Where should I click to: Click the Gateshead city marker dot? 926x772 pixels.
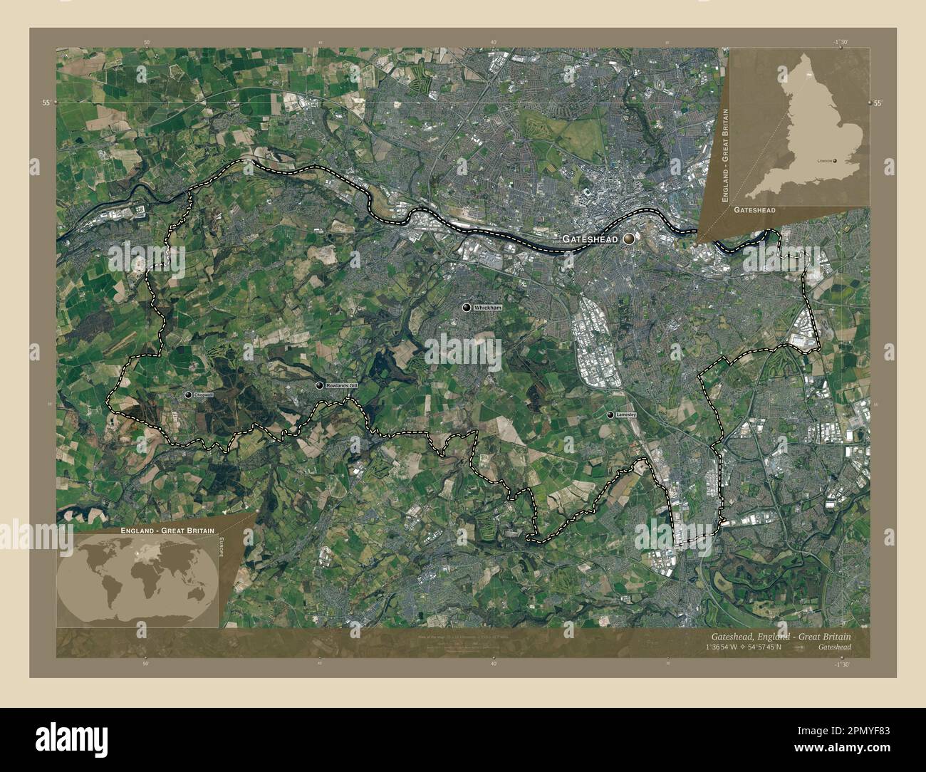point(629,239)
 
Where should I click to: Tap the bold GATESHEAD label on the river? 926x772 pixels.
point(590,239)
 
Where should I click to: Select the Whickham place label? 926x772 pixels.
point(488,307)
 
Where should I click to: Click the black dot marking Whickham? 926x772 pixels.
point(467,307)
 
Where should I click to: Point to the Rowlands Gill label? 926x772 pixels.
point(340,385)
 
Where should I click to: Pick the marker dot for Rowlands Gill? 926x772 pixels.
point(319,385)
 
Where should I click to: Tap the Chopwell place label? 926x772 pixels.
point(203,395)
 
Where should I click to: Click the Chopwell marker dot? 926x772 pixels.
point(188,395)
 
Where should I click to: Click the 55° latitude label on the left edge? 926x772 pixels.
point(45,103)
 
